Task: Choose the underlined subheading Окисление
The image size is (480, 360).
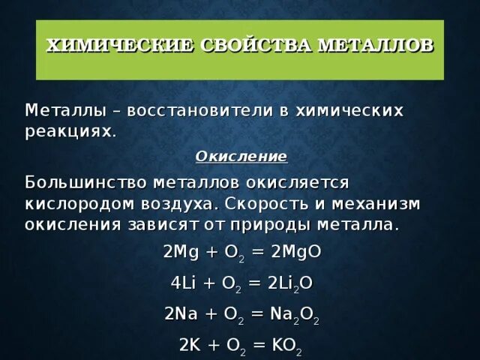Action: (x=241, y=157)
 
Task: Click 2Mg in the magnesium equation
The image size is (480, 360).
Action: (x=180, y=252)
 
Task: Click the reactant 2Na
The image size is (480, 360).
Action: (x=180, y=313)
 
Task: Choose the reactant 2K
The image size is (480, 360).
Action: (x=190, y=344)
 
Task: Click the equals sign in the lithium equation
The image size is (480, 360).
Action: (x=253, y=283)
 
